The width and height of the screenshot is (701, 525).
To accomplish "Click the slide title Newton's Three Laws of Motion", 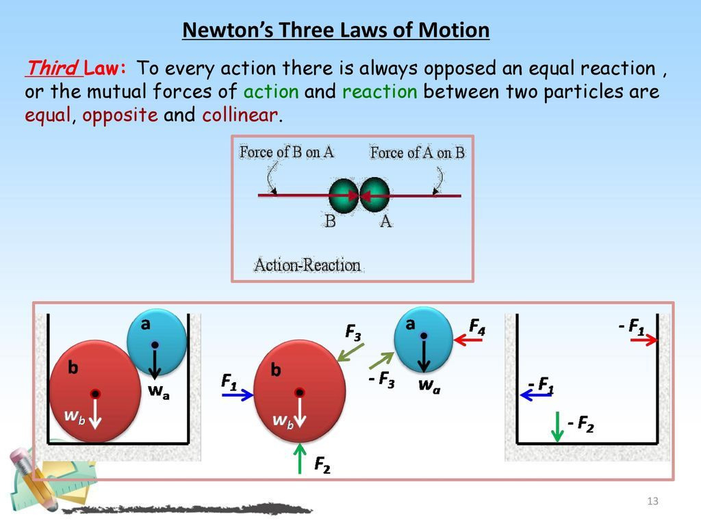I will (x=335, y=31).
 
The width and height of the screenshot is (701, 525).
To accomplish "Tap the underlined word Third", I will (x=51, y=69).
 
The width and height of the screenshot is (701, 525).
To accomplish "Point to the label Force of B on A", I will (x=287, y=152).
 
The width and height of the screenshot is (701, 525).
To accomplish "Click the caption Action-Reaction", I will (x=307, y=265).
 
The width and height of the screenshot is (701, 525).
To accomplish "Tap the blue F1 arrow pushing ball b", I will (x=238, y=395).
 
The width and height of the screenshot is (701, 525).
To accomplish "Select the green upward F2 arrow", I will (x=300, y=458).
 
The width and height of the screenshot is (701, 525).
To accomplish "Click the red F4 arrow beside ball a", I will (x=468, y=340).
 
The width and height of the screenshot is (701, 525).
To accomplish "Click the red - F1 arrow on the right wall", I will (x=643, y=340).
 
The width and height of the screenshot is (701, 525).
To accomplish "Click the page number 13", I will (x=652, y=502).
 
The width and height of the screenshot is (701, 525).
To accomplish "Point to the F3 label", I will (x=353, y=333).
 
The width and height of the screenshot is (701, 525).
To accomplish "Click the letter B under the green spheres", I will (x=330, y=221).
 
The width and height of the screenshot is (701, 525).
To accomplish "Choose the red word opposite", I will (x=120, y=115).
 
